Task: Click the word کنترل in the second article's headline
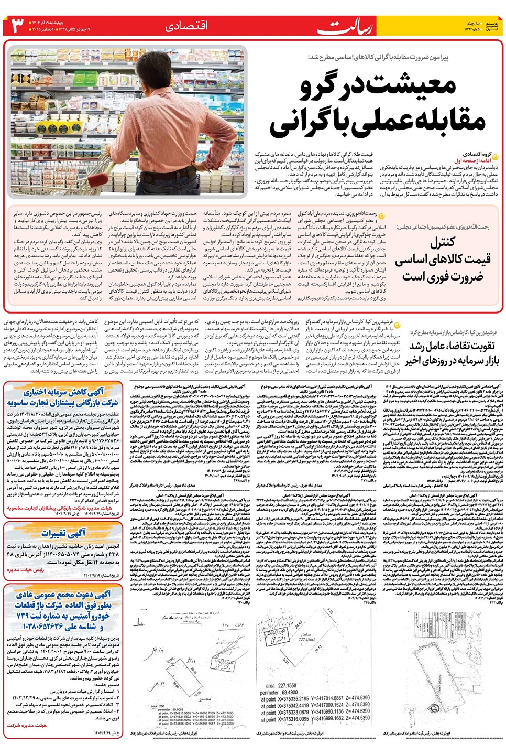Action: tap(442, 242)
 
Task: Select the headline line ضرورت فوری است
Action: tap(442, 276)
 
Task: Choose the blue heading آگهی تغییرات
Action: tap(63, 533)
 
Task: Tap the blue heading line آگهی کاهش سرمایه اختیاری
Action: tap(63, 392)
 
